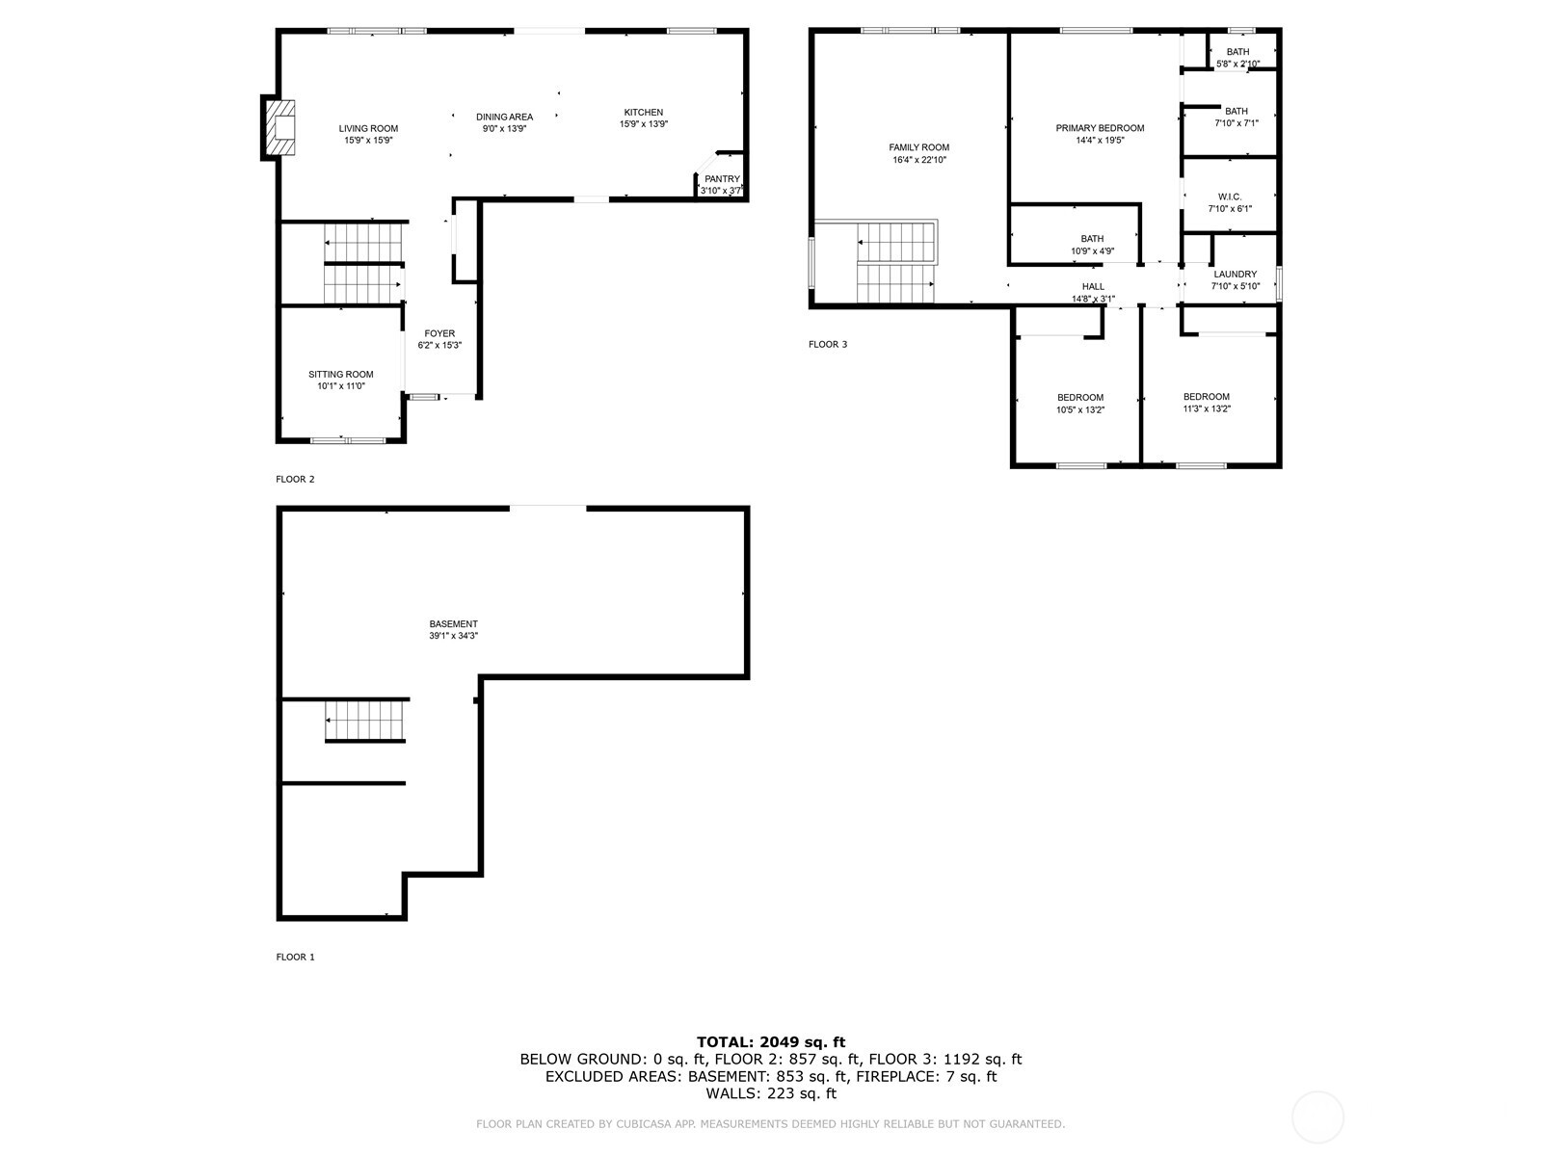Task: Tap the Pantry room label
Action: coord(722,179)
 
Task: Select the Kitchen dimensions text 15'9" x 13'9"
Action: coord(644,124)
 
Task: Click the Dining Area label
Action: coord(504,117)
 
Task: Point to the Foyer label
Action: coord(439,333)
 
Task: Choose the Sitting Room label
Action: coord(341,375)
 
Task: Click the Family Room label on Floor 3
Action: coord(918,147)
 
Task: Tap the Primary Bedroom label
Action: coord(1100,128)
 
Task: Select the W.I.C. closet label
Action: coord(1230,197)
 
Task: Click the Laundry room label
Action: coord(1236,275)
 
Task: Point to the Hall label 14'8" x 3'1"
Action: coord(1093,293)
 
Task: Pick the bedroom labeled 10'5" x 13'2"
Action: coord(1080,404)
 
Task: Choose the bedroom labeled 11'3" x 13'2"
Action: coord(1207,403)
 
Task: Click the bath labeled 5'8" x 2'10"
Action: coord(1238,58)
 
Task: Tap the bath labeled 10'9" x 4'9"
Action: coord(1092,245)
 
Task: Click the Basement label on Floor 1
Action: coord(454,624)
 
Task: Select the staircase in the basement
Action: coord(363,721)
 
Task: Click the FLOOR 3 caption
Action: coord(828,344)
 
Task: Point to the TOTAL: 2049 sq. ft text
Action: coord(771,1041)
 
